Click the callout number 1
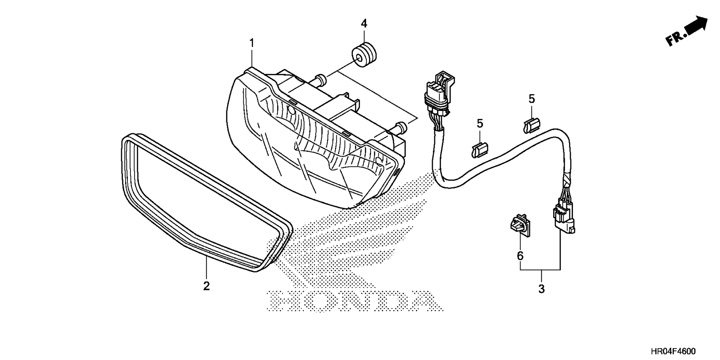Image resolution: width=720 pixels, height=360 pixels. point(252,43)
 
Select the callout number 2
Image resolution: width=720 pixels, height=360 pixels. point(206,286)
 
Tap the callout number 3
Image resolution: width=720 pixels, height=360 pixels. point(541,289)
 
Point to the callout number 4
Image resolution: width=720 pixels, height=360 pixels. point(364,24)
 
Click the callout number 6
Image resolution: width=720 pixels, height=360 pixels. point(520,256)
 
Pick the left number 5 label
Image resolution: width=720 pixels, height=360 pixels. point(480,123)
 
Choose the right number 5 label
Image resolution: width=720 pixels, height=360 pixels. point(532,99)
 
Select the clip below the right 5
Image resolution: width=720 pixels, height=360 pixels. point(531,125)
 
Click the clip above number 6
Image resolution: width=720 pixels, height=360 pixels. point(519,226)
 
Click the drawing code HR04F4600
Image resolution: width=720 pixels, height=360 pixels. point(673,351)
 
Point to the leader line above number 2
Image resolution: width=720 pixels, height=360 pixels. point(206,268)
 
